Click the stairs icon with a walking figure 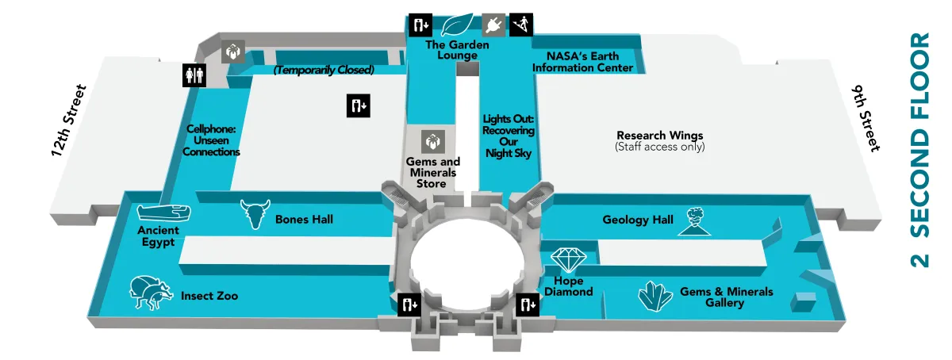point(520,25)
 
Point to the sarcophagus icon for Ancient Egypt point(163,213)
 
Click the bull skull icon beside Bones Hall point(255,214)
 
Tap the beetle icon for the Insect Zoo point(151,293)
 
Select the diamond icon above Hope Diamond point(568,261)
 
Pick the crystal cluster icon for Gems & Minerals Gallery point(656,297)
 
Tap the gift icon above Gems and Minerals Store point(432,142)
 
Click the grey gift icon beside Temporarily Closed point(232,52)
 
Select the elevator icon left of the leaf point(420,25)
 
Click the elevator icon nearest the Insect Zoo point(409,304)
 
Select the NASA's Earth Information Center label point(582,62)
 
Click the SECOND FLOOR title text point(919,151)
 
